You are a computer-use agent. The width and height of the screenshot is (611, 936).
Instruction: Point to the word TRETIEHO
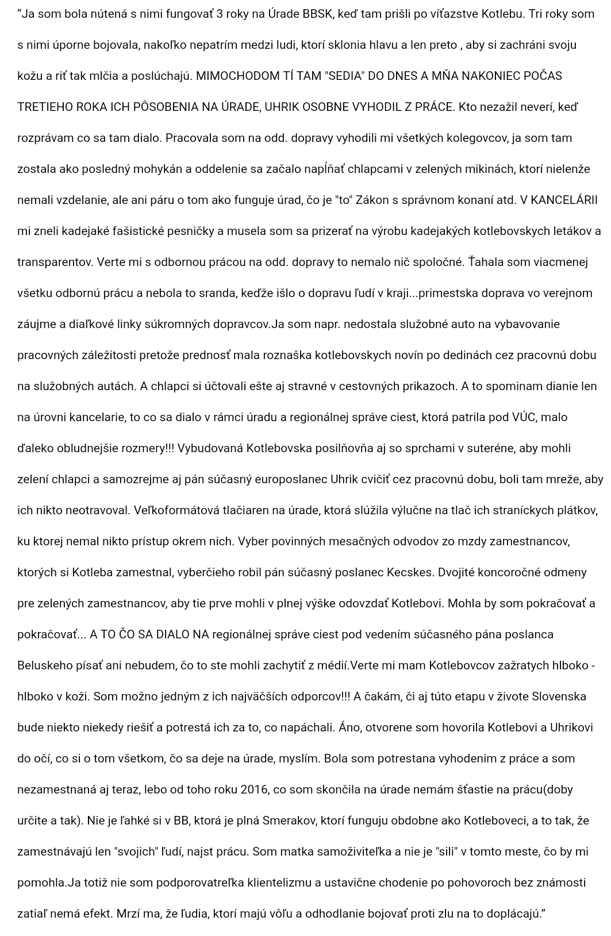44,107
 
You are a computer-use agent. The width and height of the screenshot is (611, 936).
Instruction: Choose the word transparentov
55,262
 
